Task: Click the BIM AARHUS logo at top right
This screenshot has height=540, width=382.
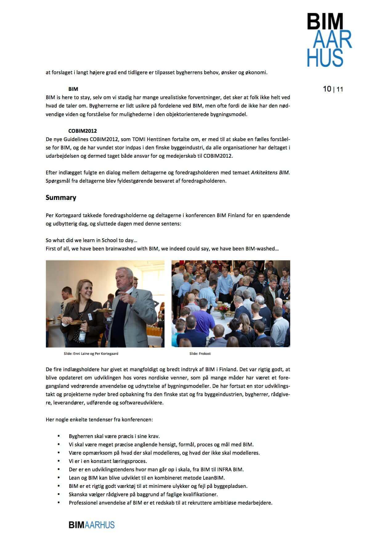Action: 329,40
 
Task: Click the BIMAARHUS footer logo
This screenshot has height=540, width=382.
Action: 91,525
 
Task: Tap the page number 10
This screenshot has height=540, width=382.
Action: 327,89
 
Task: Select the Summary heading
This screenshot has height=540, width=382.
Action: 61,197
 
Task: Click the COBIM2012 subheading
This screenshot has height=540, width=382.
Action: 83,131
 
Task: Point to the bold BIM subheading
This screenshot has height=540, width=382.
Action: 73,89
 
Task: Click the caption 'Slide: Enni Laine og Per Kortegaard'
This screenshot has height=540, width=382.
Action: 91,354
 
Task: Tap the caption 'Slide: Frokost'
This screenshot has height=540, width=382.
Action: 200,354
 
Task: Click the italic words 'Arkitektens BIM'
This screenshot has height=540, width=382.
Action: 270,173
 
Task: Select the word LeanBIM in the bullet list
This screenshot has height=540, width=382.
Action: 213,478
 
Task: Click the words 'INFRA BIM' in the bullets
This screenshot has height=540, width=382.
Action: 230,469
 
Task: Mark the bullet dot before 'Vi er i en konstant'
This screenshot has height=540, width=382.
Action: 59,461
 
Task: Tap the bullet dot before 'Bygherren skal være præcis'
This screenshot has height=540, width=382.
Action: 59,436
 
